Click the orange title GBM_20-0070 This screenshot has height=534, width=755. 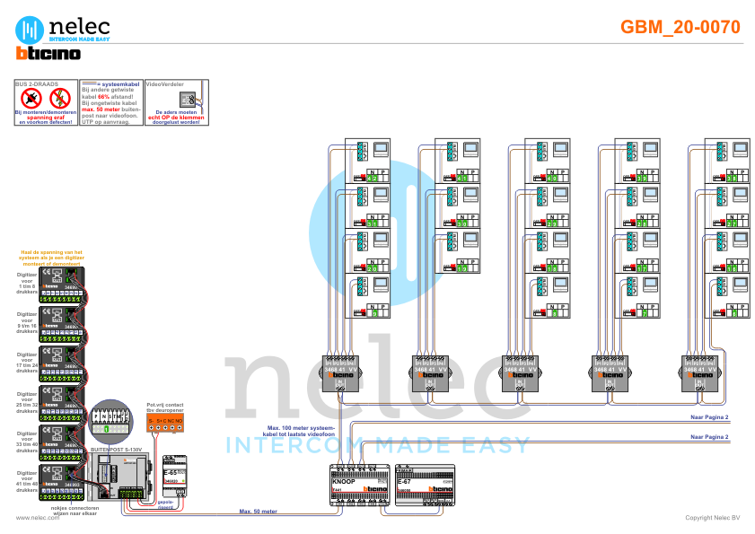pos(680,28)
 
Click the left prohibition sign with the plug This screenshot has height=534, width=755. pos(32,97)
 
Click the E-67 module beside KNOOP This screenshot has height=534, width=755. pos(426,486)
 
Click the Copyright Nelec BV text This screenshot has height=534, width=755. pos(712,517)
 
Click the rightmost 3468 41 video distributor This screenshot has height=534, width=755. pos(699,370)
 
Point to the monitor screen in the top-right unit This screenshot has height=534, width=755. pos(739,146)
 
